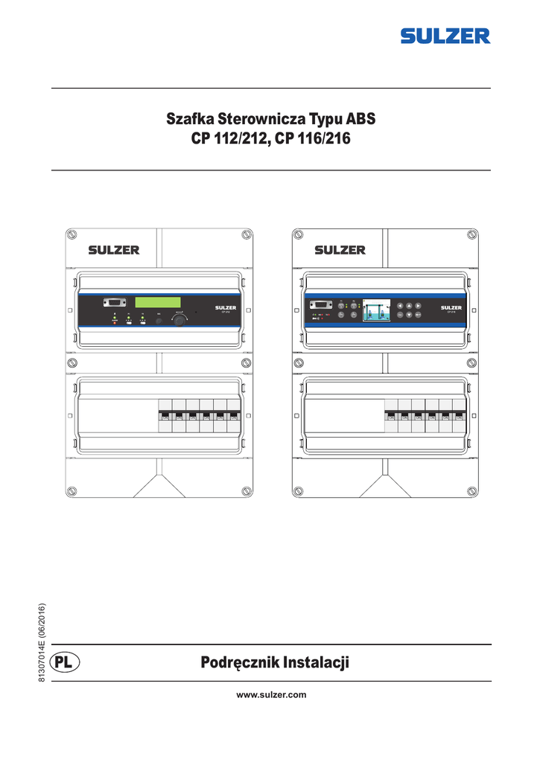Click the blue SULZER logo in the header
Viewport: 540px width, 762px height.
tap(445, 36)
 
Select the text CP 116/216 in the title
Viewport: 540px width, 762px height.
tap(313, 138)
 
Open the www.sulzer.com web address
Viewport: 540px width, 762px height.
tap(271, 694)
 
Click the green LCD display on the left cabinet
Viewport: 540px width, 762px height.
tap(159, 303)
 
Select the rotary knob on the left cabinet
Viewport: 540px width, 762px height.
tap(180, 320)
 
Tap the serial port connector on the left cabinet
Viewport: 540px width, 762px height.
tap(115, 303)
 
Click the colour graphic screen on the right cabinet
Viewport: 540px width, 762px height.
tap(376, 310)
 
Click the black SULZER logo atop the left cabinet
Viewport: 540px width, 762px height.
tap(114, 250)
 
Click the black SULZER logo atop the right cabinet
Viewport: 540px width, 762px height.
tap(340, 250)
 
